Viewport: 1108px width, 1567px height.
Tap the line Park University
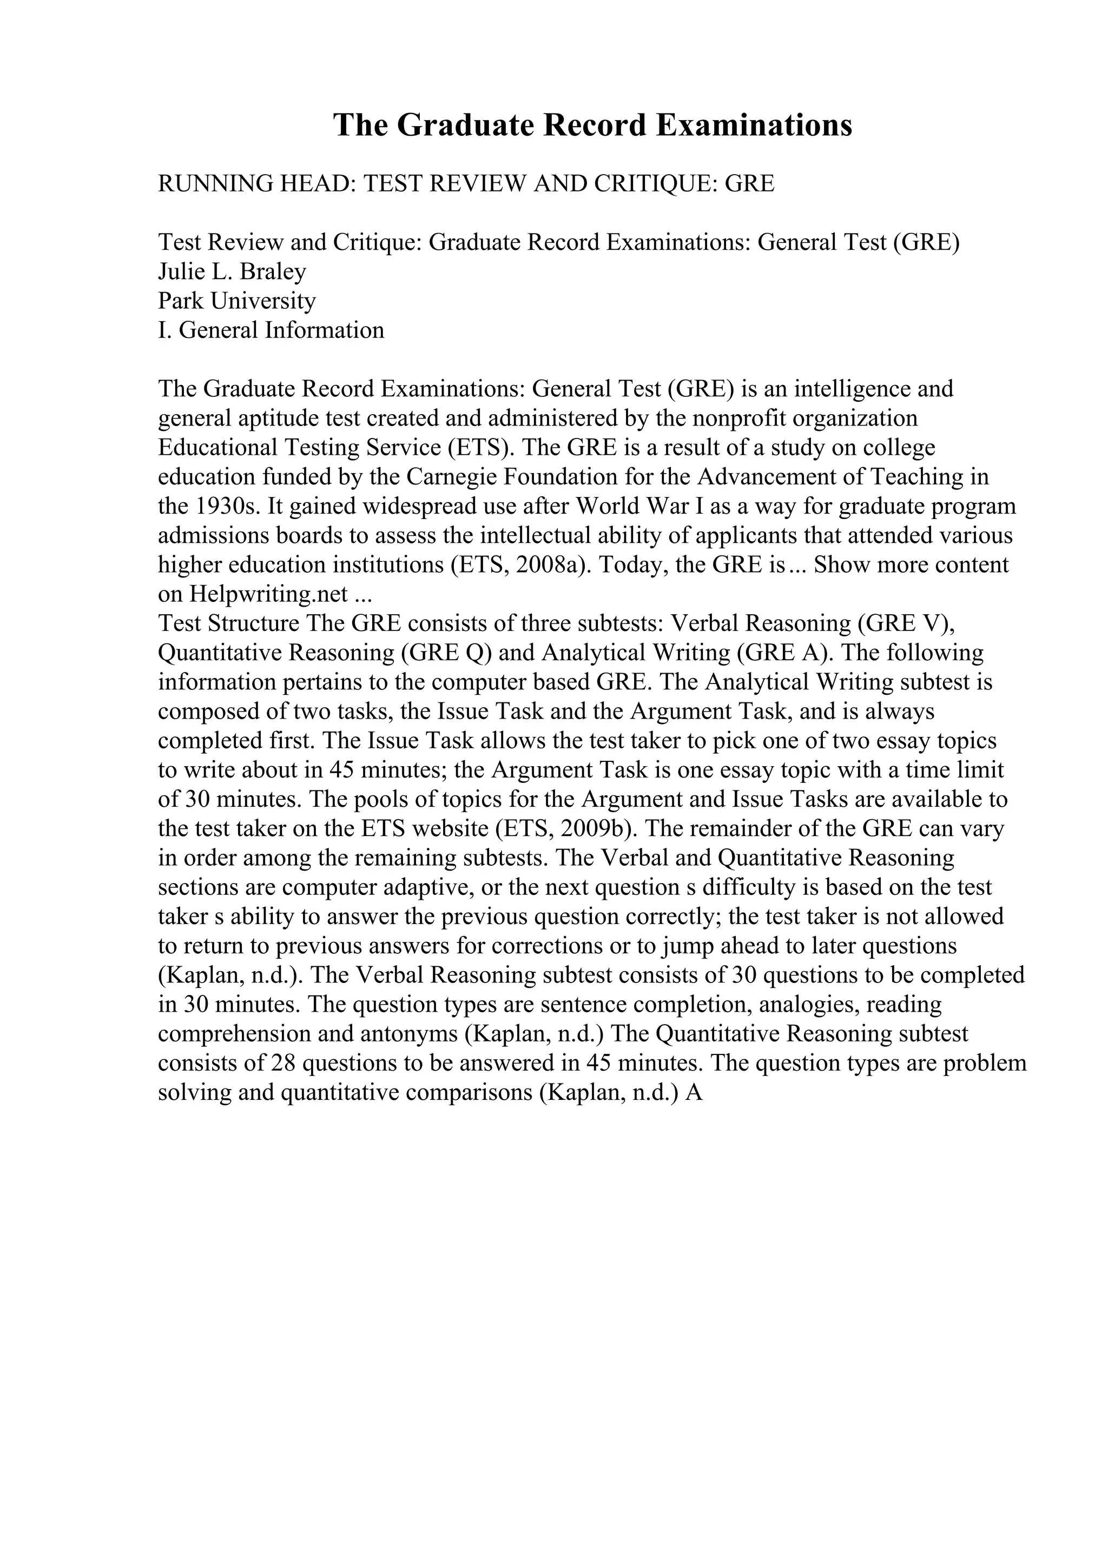237,301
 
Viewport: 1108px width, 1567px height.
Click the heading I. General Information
271,330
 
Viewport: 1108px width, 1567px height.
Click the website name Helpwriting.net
269,594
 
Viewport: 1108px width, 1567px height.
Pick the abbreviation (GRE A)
784,653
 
